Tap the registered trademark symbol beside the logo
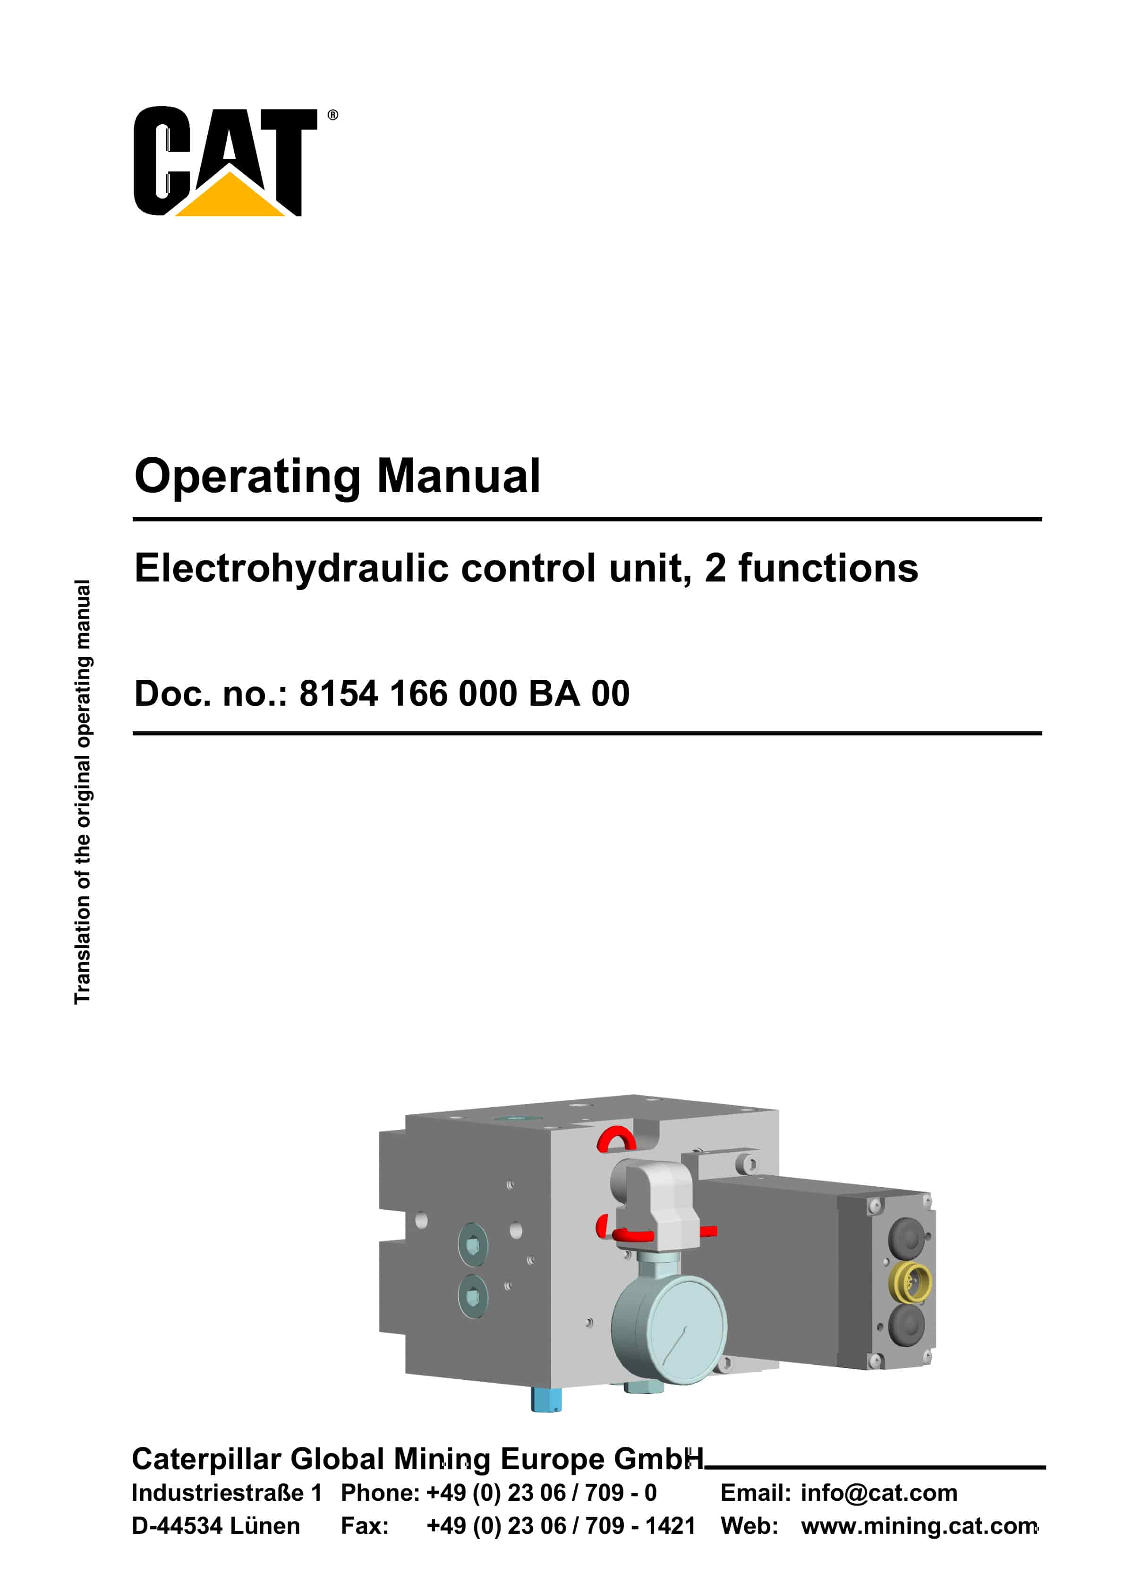(x=332, y=115)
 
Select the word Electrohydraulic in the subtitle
(x=292, y=568)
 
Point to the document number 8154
(x=338, y=693)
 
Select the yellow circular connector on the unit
(x=910, y=1282)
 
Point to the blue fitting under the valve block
(x=546, y=1398)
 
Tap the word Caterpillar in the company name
(x=206, y=1459)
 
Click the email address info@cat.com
(x=879, y=1493)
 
